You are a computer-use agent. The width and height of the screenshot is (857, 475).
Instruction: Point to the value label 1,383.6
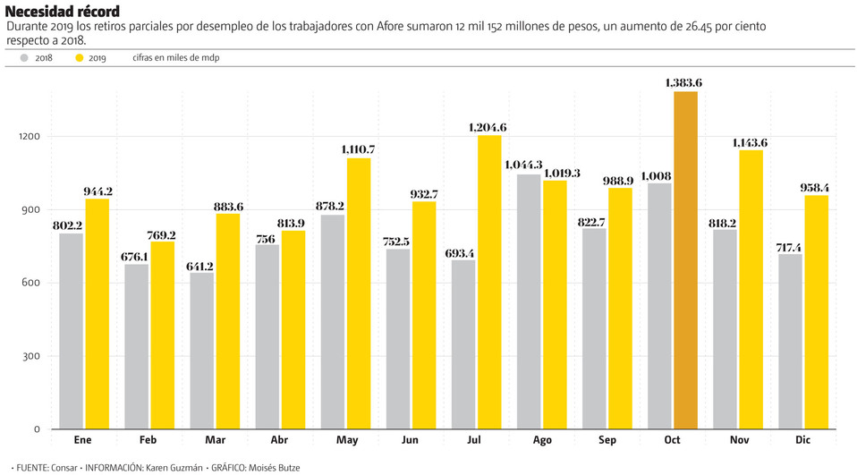683,82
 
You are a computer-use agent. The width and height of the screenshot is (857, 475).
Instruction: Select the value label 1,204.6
488,128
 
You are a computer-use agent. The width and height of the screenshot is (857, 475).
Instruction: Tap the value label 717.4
790,247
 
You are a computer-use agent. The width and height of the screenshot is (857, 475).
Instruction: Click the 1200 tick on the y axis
30,137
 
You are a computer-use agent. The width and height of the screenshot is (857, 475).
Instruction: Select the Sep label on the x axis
607,440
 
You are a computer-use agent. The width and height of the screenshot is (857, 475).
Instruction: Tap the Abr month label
279,440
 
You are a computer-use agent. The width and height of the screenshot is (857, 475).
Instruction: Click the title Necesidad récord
62,12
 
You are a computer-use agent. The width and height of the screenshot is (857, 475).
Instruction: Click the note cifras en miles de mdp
175,58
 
